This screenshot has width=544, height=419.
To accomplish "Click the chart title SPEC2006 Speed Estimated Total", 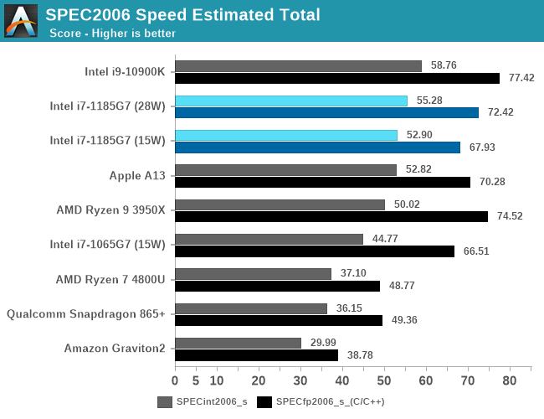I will [182, 14].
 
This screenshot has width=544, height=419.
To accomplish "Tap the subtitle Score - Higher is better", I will [112, 34].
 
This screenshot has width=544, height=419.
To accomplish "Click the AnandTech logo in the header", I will [21, 20].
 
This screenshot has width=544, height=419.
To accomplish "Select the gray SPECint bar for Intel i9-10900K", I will [298, 66].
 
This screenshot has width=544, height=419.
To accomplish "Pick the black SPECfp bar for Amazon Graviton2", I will [256, 355].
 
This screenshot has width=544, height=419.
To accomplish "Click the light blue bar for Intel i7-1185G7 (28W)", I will [291, 101].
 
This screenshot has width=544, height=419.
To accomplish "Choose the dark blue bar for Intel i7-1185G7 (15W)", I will [317, 147].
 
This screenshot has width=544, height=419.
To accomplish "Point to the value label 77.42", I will [517, 78].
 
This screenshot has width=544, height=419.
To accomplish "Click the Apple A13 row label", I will [137, 175].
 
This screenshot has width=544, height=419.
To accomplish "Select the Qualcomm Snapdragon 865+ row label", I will [86, 314].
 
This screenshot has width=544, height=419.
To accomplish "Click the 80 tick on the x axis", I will [509, 381].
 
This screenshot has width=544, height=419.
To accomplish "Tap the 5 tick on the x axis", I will [196, 381].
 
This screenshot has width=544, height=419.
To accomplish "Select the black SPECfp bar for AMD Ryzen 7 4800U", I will [277, 286].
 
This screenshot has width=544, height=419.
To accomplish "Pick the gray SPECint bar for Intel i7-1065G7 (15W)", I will [269, 239].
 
